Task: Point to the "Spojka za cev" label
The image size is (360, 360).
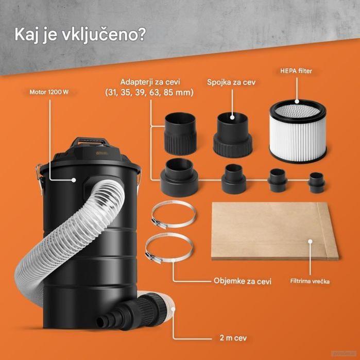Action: (x=232, y=82)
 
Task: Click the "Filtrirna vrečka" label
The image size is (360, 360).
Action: (x=309, y=282)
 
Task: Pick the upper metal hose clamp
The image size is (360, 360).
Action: (x=173, y=215)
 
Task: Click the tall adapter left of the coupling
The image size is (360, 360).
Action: (x=180, y=134)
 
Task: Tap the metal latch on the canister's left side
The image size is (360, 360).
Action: (x=37, y=175)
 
